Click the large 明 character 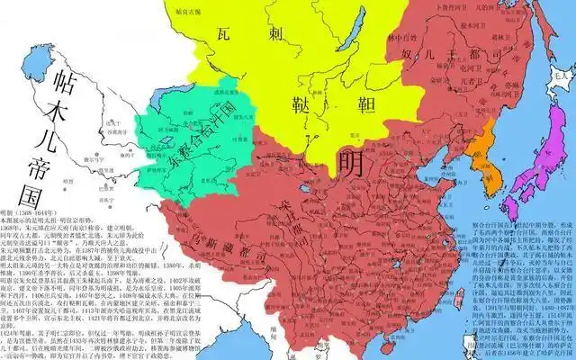tap(353, 164)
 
